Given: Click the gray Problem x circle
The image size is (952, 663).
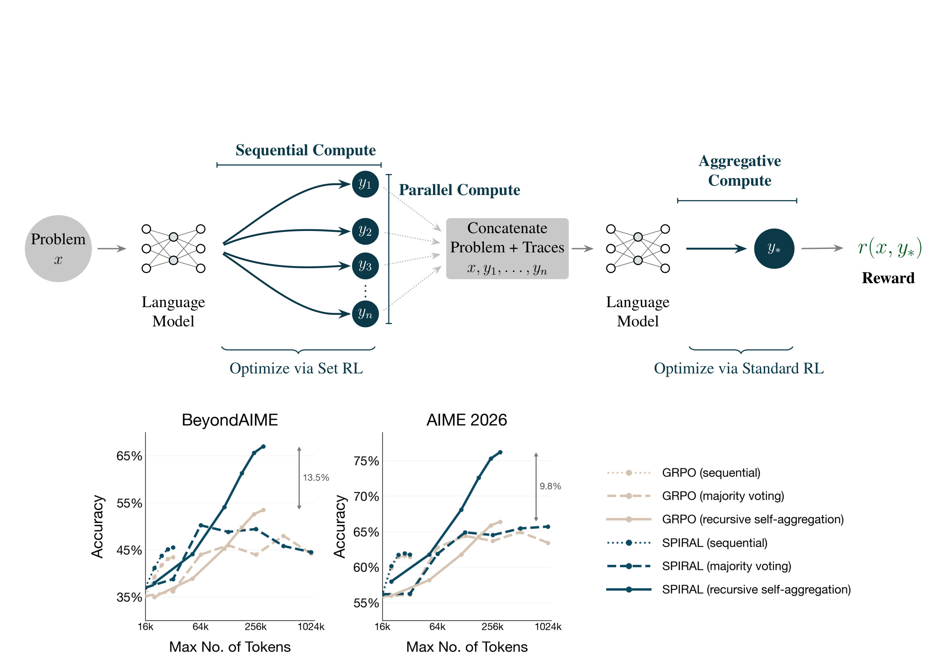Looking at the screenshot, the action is coord(58,249).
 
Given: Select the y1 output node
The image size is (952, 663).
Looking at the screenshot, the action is coord(365,184).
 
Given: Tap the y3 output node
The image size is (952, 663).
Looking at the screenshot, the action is coord(365,266).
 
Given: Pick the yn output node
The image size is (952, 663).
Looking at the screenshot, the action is coord(365,314).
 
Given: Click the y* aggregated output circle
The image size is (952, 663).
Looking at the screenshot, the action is coord(774,249).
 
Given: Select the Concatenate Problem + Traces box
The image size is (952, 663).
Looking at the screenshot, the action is coord(507,249).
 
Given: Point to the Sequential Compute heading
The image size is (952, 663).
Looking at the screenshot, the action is coord(305,150).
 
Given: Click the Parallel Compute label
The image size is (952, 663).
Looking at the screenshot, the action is coord(460,190).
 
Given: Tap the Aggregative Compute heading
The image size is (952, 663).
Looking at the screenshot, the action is coord(740,171).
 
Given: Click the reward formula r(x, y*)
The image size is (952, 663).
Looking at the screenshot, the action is coord(890,248).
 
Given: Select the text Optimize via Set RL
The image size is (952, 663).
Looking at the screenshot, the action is coord(296,368).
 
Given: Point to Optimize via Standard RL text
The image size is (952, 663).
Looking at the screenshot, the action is coord(739,368).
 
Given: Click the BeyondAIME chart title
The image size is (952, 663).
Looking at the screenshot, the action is coord(230,420).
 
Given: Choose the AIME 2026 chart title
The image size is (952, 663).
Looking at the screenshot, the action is coord(467,420).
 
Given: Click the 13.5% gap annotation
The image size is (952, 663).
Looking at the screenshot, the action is coord(316,477).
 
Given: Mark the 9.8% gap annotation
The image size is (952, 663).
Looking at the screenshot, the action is coord(550,486).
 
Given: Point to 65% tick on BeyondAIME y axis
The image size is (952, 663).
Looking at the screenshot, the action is coord(129,456).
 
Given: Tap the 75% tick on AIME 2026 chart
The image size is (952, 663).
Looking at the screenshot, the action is coord(366,461).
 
